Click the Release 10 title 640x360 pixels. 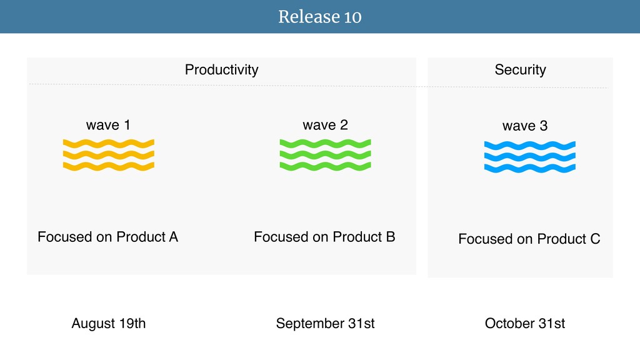pyautogui.click(x=319, y=17)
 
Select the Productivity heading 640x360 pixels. pyautogui.click(x=222, y=70)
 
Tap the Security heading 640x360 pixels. pyautogui.click(x=521, y=70)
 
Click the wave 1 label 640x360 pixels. pyautogui.click(x=108, y=125)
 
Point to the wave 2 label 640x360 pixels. pyautogui.click(x=325, y=125)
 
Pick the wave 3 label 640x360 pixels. pyautogui.click(x=525, y=126)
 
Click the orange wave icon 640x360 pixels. pyautogui.click(x=109, y=155)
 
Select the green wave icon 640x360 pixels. pyautogui.click(x=325, y=155)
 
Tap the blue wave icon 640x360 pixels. pyautogui.click(x=530, y=157)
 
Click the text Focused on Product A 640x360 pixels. pyautogui.click(x=107, y=237)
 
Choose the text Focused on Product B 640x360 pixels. pyautogui.click(x=324, y=237)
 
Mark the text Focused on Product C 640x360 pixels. pyautogui.click(x=529, y=239)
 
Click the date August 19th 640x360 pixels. pyautogui.click(x=109, y=323)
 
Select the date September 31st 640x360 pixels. pyautogui.click(x=325, y=323)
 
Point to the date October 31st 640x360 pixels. pyautogui.click(x=525, y=323)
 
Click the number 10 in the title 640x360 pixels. pyautogui.click(x=352, y=17)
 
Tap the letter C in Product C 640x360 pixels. pyautogui.click(x=596, y=239)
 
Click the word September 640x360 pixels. pyautogui.click(x=310, y=324)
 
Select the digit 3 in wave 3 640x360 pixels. pyautogui.click(x=544, y=126)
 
